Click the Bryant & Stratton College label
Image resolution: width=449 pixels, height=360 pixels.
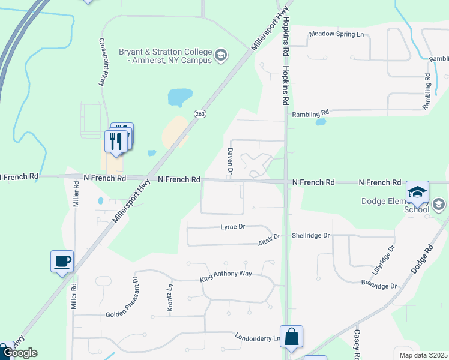click(165, 56)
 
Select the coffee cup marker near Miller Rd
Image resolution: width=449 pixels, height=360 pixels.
click(62, 262)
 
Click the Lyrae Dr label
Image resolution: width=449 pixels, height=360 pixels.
click(233, 227)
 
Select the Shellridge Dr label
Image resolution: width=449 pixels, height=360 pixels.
click(310, 235)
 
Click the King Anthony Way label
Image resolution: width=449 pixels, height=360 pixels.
click(227, 279)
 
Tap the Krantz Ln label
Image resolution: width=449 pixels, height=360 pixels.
click(170, 295)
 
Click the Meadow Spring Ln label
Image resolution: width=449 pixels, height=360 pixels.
click(336, 34)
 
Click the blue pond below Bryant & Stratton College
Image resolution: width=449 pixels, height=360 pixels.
click(180, 95)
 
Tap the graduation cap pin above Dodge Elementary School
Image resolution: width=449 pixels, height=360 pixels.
click(418, 192)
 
